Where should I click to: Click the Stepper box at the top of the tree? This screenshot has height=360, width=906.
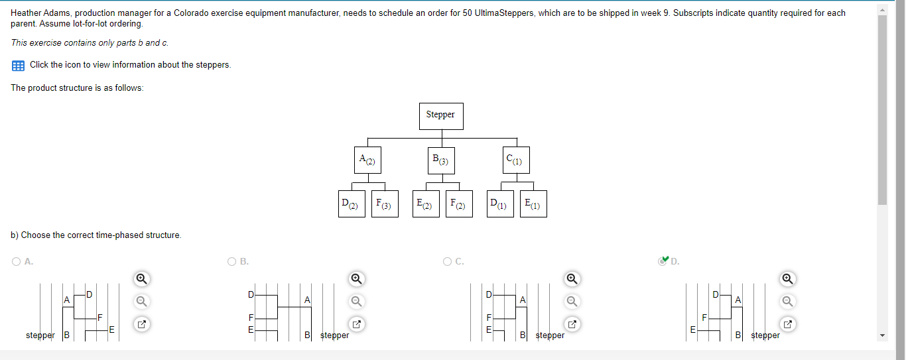[x=440, y=115]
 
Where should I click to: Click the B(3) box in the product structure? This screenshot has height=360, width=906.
[x=441, y=160]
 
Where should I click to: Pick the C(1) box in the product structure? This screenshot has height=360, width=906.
[x=515, y=160]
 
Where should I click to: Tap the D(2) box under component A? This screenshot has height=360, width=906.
[x=350, y=204]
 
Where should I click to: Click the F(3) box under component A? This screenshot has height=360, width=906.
[x=384, y=204]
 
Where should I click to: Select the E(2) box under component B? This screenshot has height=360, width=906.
[x=424, y=204]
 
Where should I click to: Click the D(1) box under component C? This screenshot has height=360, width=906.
[x=499, y=204]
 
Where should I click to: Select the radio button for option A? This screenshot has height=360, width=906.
[x=16, y=262]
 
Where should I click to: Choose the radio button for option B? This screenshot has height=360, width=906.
[x=232, y=262]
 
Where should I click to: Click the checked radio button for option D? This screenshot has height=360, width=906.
[x=663, y=261]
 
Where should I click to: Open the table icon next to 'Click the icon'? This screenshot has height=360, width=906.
[x=18, y=65]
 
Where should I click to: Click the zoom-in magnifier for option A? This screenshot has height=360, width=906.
[x=141, y=278]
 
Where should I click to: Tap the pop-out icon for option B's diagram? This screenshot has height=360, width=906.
[x=356, y=325]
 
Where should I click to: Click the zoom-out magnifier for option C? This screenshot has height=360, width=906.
[x=571, y=301]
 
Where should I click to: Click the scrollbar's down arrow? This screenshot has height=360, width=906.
[x=881, y=335]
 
